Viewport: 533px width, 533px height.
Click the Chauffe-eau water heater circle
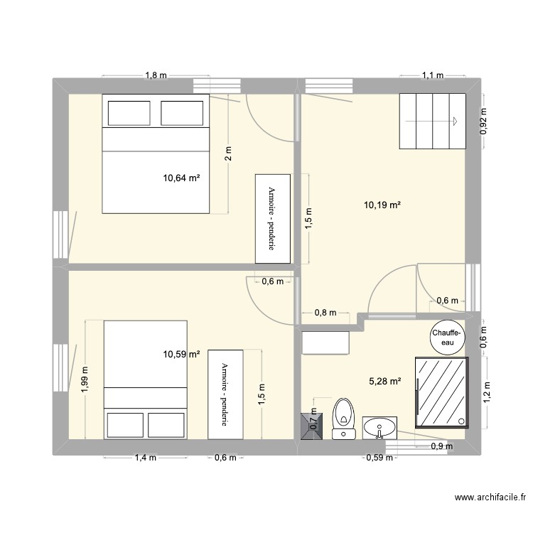click(x=447, y=338)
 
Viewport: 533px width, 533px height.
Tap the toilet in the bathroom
click(x=343, y=419)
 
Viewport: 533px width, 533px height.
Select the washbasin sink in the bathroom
click(x=379, y=428)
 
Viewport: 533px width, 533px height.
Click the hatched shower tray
click(x=441, y=392)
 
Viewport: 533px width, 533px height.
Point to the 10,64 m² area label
click(x=181, y=178)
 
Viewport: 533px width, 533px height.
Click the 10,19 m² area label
click(x=382, y=205)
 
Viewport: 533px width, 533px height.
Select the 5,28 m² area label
click(x=384, y=382)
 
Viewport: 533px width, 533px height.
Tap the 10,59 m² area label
click(x=181, y=354)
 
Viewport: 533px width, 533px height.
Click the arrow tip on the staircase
click(x=456, y=121)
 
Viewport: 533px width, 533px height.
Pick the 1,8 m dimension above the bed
click(x=156, y=75)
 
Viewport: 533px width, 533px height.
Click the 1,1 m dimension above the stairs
click(x=433, y=75)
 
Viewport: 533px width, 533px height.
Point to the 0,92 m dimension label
click(x=483, y=121)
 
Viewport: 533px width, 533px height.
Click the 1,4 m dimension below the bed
click(x=146, y=458)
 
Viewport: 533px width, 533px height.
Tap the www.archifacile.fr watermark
click(x=490, y=497)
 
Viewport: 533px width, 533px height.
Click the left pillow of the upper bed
click(x=129, y=113)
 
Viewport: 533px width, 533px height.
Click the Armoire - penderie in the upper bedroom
click(x=273, y=219)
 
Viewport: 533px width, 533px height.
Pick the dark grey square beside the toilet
click(x=312, y=426)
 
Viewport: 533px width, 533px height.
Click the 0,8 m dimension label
click(x=325, y=313)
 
